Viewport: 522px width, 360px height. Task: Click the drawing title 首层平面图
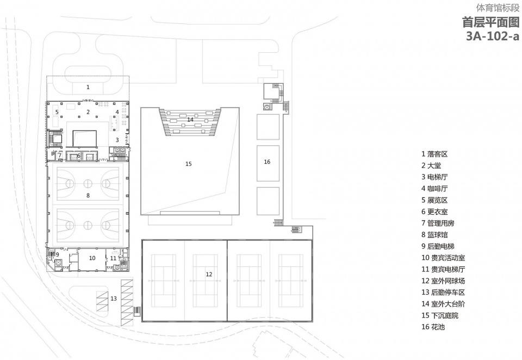coord(490,22)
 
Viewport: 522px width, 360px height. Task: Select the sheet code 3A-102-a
coord(493,36)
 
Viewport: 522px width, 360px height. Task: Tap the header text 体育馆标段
coord(498,8)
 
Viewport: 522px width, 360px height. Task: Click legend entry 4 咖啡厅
coord(434,189)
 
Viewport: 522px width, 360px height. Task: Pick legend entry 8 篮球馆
coord(434,235)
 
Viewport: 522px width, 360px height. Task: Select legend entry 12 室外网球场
coord(443,281)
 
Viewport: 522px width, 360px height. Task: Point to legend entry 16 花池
coord(433,327)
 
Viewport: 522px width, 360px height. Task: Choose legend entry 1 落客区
coord(434,154)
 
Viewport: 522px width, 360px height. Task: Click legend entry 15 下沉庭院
coord(440,315)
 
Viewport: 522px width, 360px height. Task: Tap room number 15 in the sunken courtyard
coord(189,164)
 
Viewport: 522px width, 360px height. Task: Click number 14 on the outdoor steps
coord(190,119)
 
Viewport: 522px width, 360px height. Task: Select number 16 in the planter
coord(267,162)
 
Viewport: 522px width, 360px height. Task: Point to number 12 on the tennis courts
coord(209,275)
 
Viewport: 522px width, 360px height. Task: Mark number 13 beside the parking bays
coord(114,299)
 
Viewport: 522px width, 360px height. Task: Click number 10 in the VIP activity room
coord(92,258)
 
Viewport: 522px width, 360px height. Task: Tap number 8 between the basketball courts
coord(88,195)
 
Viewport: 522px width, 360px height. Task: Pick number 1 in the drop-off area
coord(88,87)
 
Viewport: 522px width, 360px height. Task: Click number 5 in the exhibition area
coord(57,112)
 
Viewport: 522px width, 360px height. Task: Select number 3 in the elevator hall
coord(117,140)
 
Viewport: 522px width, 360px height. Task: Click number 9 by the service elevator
coord(57,255)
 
